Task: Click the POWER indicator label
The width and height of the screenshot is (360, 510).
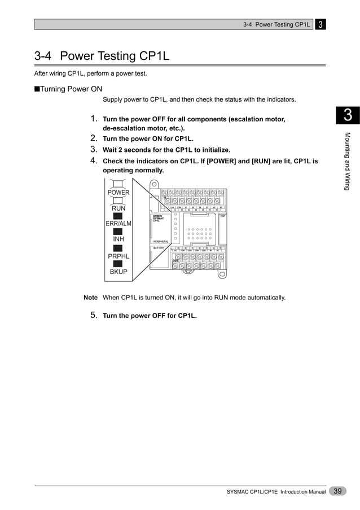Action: point(118,193)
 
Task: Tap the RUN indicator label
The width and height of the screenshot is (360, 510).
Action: point(118,208)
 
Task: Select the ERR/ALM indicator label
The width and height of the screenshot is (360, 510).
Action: point(118,224)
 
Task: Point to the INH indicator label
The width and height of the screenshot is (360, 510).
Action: point(118,239)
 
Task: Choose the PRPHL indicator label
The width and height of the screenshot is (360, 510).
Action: point(118,256)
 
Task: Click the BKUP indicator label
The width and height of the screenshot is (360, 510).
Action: point(118,272)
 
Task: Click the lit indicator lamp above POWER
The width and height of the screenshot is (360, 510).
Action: point(118,184)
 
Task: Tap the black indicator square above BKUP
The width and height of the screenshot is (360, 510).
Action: point(118,264)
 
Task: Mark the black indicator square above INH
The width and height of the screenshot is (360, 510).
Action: point(118,232)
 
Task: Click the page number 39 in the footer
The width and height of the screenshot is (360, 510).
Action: point(338,491)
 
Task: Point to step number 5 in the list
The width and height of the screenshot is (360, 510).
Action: point(95,315)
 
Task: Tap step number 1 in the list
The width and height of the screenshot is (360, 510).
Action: point(95,119)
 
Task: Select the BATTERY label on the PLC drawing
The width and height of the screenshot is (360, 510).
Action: point(159,248)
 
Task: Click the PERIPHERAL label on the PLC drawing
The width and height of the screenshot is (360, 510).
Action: point(161,241)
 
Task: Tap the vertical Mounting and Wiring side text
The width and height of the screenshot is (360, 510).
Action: point(348,162)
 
